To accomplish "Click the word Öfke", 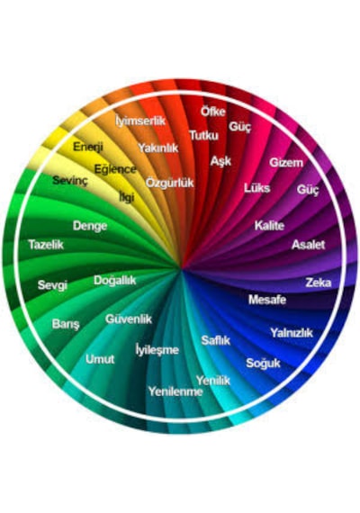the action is click(213, 112).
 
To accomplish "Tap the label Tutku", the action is click(204, 135).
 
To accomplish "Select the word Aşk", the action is click(220, 161).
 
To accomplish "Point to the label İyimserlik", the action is click(140, 121).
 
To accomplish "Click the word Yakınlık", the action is click(157, 148).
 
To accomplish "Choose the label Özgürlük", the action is click(169, 182).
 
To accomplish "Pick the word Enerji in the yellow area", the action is click(88, 146).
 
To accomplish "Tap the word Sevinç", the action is click(70, 180).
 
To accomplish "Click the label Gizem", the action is click(286, 162).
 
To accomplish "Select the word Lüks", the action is click(256, 188).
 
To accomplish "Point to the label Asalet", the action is click(308, 245).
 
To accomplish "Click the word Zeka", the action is click(318, 283).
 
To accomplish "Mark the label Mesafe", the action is click(267, 300).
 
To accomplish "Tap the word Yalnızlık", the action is click(292, 333).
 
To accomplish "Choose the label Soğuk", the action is click(263, 363).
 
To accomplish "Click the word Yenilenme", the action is click(175, 391).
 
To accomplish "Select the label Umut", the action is click(100, 359).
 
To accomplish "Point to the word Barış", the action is click(66, 324).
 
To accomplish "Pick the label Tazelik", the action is click(46, 245).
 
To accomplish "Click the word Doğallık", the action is click(114, 281).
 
